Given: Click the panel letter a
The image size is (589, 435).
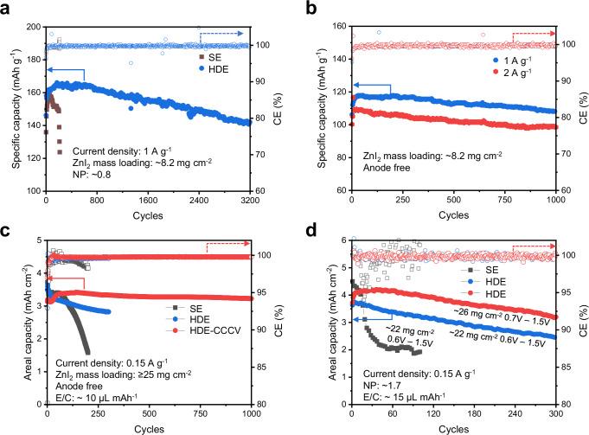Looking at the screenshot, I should [x=7, y=8].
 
